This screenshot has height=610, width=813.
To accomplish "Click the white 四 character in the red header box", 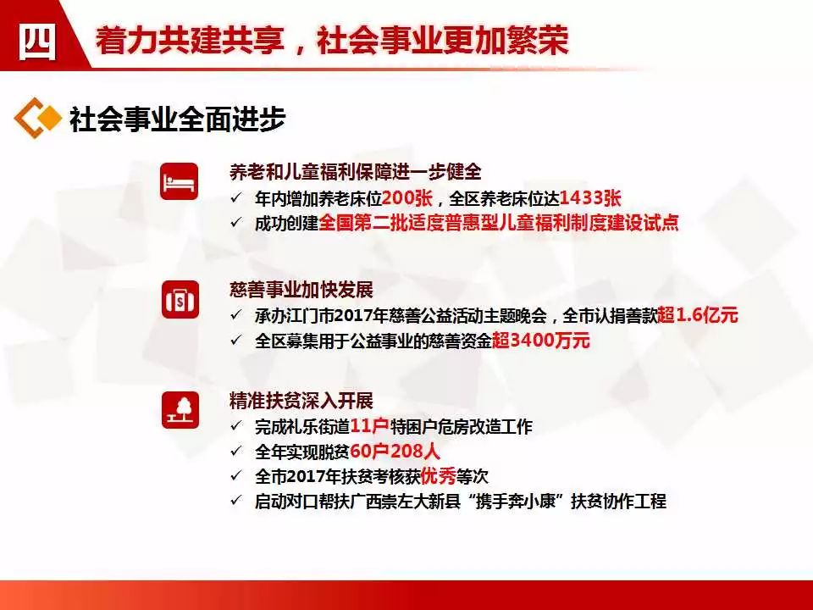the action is (36, 42).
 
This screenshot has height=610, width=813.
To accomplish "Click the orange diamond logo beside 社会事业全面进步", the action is (37, 118).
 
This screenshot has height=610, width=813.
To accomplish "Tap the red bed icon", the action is (179, 181).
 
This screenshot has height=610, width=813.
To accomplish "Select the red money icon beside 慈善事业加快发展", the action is (180, 300).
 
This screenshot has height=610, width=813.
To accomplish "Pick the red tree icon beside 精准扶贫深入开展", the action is (180, 410).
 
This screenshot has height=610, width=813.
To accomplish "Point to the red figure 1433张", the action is (590, 198).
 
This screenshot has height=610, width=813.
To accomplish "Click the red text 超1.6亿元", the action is (698, 315).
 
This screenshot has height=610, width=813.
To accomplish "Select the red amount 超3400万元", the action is (541, 341).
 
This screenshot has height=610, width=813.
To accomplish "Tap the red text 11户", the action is (370, 426).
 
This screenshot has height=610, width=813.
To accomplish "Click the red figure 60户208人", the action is (395, 452).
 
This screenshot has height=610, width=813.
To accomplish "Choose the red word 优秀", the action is (439, 475).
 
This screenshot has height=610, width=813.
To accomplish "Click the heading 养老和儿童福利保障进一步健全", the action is (356, 172).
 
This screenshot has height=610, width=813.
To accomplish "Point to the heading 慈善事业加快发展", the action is (301, 290).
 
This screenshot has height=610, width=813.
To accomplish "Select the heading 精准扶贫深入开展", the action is (301, 401).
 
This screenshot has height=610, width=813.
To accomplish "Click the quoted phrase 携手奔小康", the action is (516, 501).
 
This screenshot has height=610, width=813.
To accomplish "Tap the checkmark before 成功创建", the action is (236, 223).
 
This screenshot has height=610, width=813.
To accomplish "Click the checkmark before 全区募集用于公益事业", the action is (236, 341).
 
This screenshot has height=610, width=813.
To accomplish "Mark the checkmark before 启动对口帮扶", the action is (236, 501).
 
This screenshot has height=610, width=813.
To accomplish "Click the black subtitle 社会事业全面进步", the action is (177, 119).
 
